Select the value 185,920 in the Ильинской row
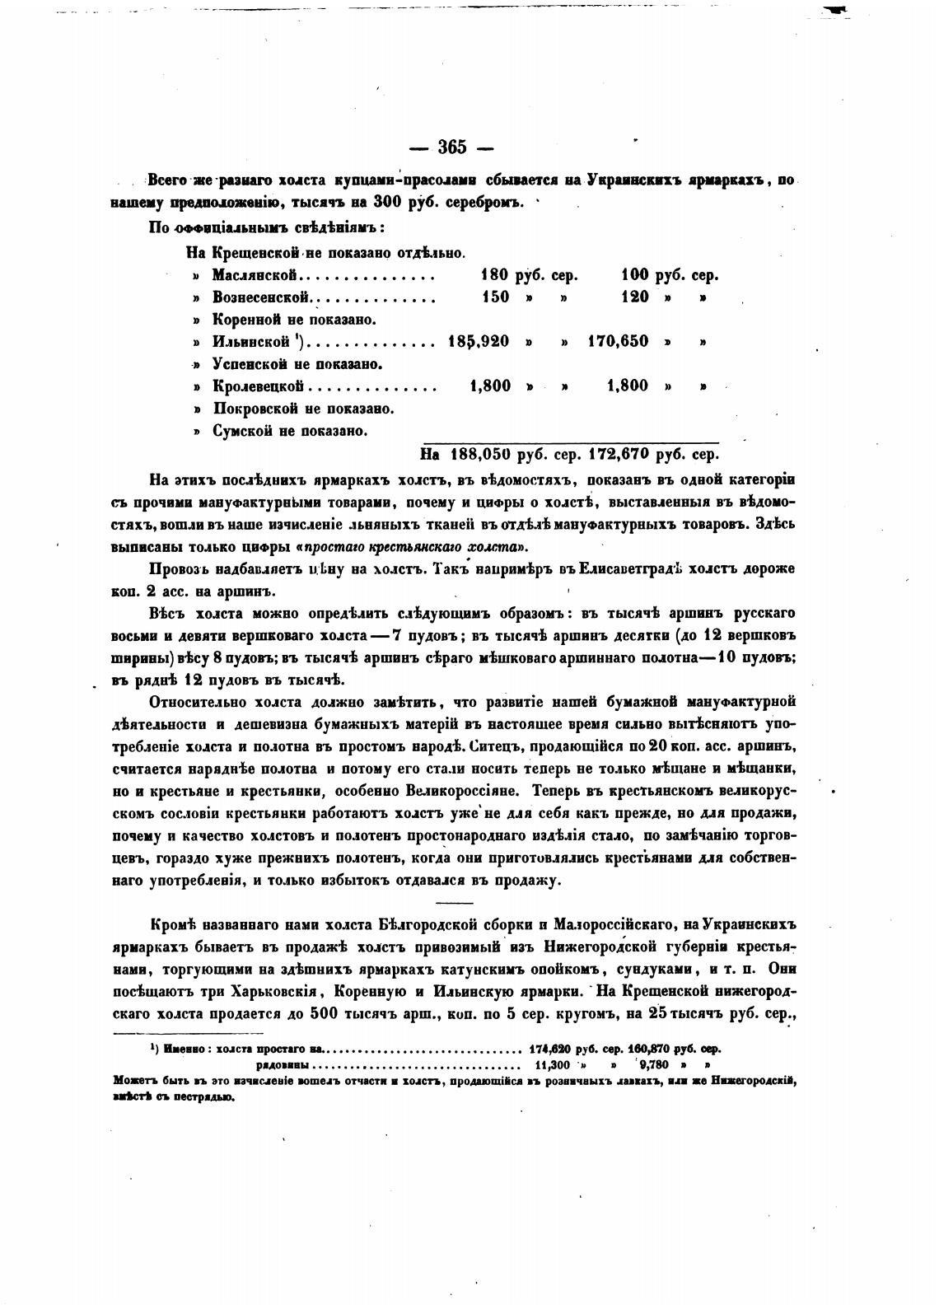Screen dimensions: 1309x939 click(479, 341)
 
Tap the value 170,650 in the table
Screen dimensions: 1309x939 click(618, 341)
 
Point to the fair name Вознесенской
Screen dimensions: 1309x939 click(261, 297)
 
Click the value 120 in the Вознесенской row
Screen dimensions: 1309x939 click(635, 297)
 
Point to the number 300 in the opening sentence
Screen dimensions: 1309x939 click(388, 203)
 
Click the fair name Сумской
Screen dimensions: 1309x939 click(244, 430)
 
